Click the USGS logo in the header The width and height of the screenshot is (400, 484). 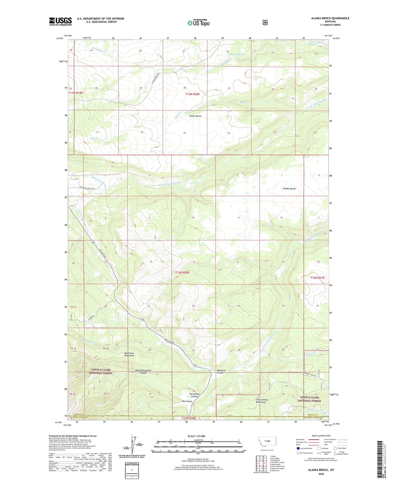coord(60,21)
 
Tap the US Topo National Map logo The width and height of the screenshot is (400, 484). coord(198,23)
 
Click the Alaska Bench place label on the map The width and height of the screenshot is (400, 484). coord(195,116)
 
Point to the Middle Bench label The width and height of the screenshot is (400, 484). coord(289,189)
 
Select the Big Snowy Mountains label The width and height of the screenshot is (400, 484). coord(129,355)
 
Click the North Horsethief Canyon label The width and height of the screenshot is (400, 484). coord(139,372)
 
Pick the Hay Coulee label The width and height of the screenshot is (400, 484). coord(187,401)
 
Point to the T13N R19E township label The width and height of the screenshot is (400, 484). coord(76,93)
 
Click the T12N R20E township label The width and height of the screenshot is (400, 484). coord(182,273)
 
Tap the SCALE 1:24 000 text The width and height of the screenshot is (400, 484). coord(197,436)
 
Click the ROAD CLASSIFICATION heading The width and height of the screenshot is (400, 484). coord(319,436)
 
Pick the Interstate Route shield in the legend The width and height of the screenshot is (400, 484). coord(298,448)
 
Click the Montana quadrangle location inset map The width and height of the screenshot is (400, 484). coord(267,442)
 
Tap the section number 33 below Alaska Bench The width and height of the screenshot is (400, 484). coord(184,133)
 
